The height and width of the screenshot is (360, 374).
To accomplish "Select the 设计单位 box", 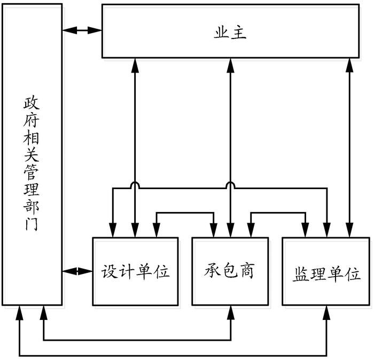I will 135,271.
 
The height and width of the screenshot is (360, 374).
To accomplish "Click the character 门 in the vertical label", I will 32,223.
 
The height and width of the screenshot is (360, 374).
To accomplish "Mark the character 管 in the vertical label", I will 32,172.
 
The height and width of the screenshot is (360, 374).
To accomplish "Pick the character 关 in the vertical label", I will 32,155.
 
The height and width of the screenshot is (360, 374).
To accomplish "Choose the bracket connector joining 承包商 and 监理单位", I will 278,212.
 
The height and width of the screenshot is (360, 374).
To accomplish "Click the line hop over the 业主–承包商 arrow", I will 230,184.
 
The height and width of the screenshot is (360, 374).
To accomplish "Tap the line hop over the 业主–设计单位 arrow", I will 135,184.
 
